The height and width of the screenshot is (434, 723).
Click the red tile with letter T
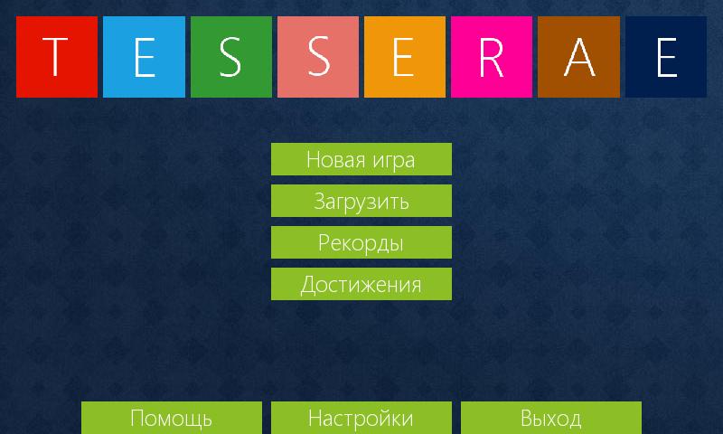pos(57,57)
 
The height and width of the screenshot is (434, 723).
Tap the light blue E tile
pos(144,57)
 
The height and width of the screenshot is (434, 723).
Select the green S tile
pos(231,57)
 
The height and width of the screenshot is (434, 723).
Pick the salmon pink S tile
pos(318,57)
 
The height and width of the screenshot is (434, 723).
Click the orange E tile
pos(405,57)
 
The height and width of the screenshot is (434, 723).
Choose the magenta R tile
pos(492,57)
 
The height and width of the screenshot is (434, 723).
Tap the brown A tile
pos(578,57)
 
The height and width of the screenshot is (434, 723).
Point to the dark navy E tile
pos(666,57)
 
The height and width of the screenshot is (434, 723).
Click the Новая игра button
pos(361,159)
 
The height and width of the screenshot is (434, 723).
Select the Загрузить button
pos(361,201)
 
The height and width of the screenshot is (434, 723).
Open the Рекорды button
pos(361,242)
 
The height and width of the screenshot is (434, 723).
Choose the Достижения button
pos(361,284)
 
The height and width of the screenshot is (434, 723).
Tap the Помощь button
pos(172,418)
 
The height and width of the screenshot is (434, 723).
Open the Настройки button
pos(361,418)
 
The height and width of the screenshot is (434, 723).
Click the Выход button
pos(551,418)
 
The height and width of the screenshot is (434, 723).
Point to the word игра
pos(393,162)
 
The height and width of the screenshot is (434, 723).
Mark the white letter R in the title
pos(491,57)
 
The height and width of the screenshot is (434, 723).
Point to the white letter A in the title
pos(579,57)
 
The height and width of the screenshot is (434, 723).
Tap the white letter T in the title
pos(55,57)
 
